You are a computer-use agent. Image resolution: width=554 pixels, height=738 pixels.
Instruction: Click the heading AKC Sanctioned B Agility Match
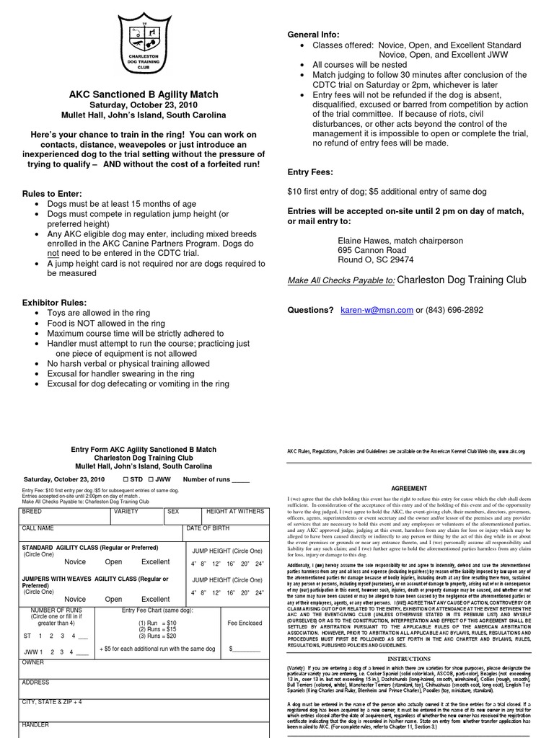(x=143, y=94)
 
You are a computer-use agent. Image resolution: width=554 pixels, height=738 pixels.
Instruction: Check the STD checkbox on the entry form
(x=126, y=479)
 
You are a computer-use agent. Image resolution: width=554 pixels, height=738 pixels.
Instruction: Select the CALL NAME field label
(x=38, y=528)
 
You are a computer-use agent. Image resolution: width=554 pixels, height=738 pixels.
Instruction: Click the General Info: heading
(x=313, y=35)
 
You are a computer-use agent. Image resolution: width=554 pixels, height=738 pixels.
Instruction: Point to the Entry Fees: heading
(x=310, y=172)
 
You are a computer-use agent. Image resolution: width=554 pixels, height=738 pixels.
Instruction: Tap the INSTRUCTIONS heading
(x=409, y=659)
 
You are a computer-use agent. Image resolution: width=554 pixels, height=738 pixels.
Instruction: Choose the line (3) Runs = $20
(x=157, y=636)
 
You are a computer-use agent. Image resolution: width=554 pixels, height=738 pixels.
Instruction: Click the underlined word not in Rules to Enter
(x=53, y=254)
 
